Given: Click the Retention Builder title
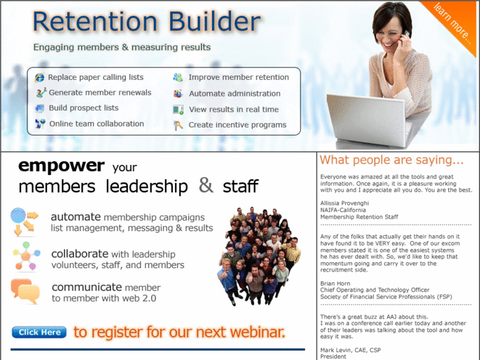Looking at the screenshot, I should [x=146, y=22].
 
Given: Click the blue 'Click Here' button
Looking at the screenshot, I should [x=39, y=332].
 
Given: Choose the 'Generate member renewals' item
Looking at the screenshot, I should [x=100, y=92].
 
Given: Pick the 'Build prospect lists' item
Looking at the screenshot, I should [x=83, y=108].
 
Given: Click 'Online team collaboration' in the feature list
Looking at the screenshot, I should [x=96, y=124].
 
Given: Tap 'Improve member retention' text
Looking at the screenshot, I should [x=238, y=77].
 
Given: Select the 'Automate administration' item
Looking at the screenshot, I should [x=234, y=94].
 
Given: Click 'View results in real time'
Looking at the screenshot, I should [x=234, y=110].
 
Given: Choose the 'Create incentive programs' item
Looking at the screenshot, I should [x=237, y=125].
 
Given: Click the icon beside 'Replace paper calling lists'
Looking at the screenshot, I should [x=40, y=78].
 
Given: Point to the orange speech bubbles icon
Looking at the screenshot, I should [x=25, y=291].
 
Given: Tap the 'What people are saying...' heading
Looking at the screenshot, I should [x=392, y=161].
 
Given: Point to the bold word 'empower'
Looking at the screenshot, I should [x=61, y=165].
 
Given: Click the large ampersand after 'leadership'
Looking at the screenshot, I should [x=206, y=186].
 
